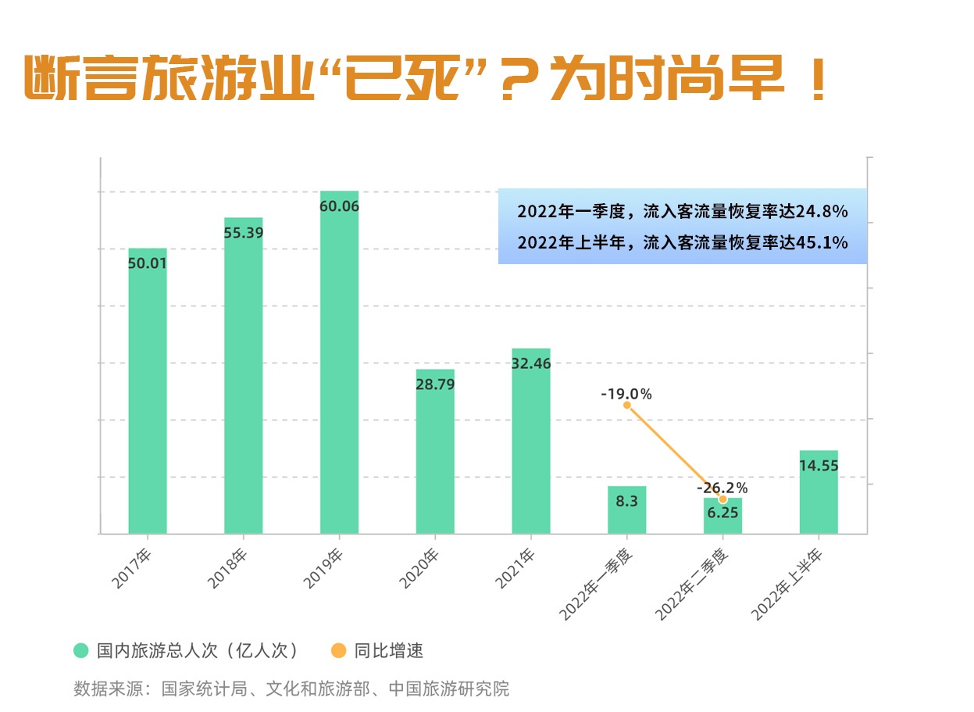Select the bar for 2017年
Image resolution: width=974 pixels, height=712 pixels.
148,391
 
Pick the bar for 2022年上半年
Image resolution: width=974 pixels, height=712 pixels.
819,492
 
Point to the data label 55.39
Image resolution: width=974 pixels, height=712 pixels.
244,233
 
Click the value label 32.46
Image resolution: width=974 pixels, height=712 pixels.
531,363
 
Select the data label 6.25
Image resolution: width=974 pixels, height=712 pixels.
722,513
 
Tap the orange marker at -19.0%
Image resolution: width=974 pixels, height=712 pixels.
626,405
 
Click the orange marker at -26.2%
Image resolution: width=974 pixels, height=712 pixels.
722,499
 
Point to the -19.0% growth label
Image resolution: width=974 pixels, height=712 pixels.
626,394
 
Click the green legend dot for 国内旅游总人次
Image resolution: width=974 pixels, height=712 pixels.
80,650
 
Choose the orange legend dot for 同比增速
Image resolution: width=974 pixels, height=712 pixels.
337,650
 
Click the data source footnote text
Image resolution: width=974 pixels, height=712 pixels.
291,689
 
